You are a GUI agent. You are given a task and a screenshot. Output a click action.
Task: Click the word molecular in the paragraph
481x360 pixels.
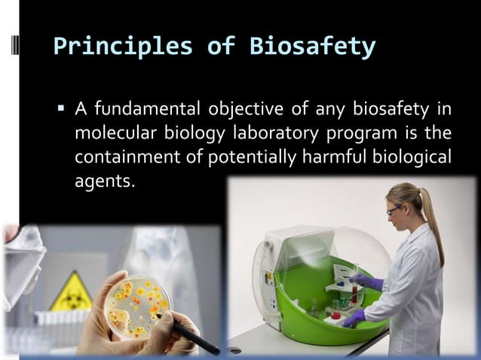tap(110, 135)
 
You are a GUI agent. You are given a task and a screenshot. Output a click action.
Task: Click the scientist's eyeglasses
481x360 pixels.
tap(394, 210)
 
